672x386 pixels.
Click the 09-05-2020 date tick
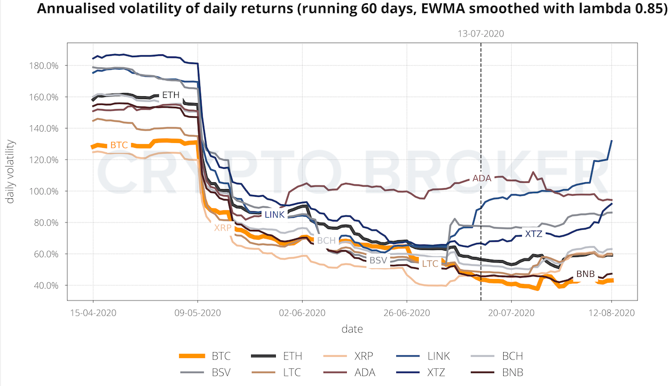click(x=197, y=313)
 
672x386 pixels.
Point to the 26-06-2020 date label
click(x=406, y=313)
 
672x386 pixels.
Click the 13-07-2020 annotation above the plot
click(x=481, y=33)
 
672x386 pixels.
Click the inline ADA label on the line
click(x=482, y=178)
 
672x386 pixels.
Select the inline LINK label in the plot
click(x=274, y=215)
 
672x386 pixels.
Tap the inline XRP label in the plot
click(x=223, y=227)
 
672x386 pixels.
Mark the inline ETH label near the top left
click(x=170, y=95)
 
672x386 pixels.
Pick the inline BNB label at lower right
click(x=585, y=274)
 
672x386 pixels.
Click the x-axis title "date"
click(x=352, y=329)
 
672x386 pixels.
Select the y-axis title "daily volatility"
click(x=11, y=171)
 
